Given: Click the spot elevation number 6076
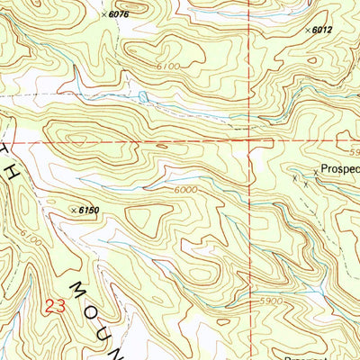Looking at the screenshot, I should tap(118, 14).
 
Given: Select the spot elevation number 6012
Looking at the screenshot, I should tap(324, 31).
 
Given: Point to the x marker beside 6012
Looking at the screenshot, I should tap(308, 31).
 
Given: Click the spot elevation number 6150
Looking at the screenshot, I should tap(87, 210).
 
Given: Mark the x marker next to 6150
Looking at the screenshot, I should tap(72, 210).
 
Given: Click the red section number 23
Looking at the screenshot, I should tap(54, 306).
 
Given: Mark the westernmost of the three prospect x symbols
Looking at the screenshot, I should tap(294, 178).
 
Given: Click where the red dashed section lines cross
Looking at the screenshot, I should tap(250, 141).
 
